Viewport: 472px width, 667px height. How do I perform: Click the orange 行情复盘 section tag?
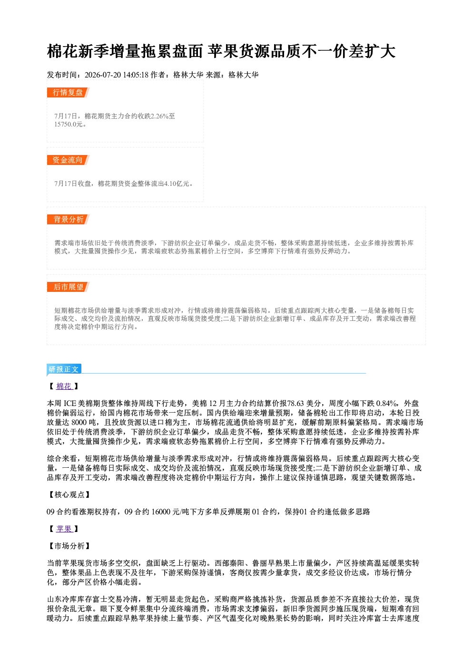pyautogui.click(x=68, y=92)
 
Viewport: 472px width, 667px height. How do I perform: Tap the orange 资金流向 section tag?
pyautogui.click(x=68, y=160)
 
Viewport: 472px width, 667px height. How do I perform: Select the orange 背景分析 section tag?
pyautogui.click(x=68, y=220)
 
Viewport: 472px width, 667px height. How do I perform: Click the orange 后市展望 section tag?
pyautogui.click(x=68, y=287)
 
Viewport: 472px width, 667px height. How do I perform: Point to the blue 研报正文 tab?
pyautogui.click(x=64, y=369)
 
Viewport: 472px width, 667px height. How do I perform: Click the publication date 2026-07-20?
pyautogui.click(x=103, y=75)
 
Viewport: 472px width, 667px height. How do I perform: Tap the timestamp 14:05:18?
pyautogui.click(x=136, y=75)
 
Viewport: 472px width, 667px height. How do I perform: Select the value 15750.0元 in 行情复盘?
pyautogui.click(x=69, y=124)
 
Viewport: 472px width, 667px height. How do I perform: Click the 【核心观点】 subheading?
pyautogui.click(x=69, y=494)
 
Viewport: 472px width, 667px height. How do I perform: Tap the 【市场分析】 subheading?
pyautogui.click(x=69, y=546)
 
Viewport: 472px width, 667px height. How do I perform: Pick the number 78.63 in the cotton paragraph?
pyautogui.click(x=295, y=404)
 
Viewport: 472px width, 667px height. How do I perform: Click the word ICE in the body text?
pyautogui.click(x=70, y=404)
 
